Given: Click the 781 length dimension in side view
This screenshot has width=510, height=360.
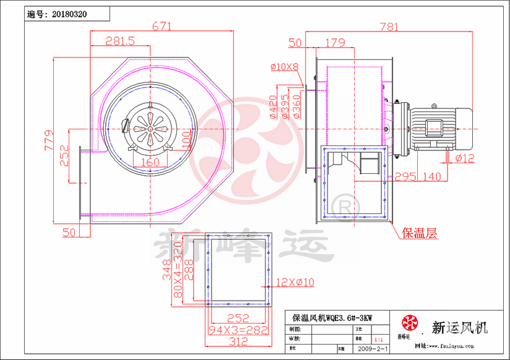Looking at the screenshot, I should coord(388,27).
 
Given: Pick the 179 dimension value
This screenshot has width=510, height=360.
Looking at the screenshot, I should coord(334,43).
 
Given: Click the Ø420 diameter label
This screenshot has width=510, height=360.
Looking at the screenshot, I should coord(273,106).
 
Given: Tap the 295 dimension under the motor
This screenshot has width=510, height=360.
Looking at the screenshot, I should coord(405,177).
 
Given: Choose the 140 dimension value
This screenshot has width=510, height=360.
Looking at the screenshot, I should coord(431,177).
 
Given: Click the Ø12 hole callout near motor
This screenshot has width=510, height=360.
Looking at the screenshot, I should coord(465,159).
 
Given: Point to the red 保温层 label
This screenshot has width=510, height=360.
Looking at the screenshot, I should coord(420,233).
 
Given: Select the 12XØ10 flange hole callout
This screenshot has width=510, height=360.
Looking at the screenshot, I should coord(296,282).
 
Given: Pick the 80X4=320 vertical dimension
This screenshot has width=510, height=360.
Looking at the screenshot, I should coord(178,269).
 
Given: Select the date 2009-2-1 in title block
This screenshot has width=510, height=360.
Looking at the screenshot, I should coord(370,349).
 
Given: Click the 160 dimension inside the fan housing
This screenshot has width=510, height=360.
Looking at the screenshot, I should coord(150,162).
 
